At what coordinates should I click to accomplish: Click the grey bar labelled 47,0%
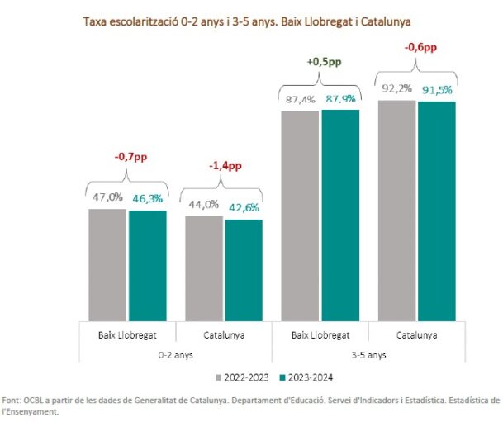(x=107, y=264)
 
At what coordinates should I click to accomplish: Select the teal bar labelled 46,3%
(x=147, y=265)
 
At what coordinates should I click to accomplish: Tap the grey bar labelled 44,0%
(x=204, y=268)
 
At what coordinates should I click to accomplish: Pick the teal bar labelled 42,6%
(x=244, y=270)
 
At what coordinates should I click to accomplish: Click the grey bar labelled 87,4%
(x=300, y=215)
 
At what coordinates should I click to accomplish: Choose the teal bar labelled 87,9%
(x=340, y=214)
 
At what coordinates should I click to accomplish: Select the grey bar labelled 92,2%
(x=396, y=210)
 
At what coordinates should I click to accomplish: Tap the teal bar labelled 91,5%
(x=437, y=211)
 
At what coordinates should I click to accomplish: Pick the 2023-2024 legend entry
(x=311, y=377)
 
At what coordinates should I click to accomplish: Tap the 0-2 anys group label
(x=175, y=354)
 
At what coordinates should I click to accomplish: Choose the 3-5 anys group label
(x=368, y=354)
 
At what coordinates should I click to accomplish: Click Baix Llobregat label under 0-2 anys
(x=127, y=335)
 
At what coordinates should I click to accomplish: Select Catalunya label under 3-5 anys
(x=416, y=335)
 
